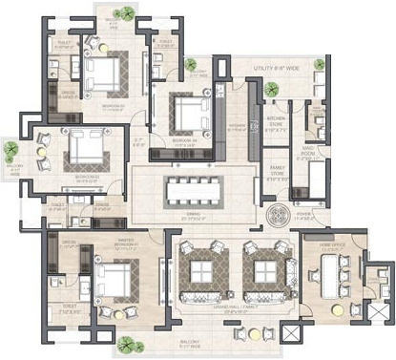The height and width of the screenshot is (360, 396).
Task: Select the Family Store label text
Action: (x=277, y=172)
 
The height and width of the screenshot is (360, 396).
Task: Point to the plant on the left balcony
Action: (x=10, y=150)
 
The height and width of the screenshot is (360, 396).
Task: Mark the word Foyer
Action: (x=281, y=229)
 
